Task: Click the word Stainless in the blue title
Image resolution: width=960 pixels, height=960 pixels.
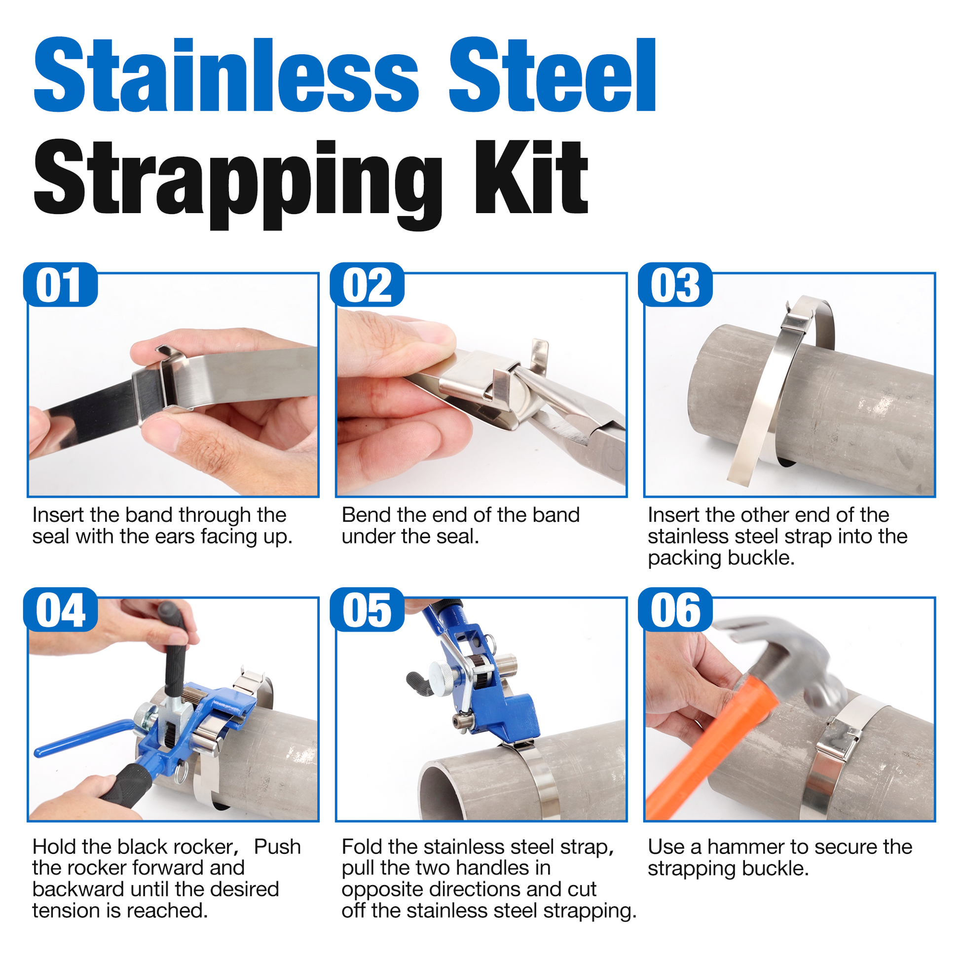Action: coord(226,75)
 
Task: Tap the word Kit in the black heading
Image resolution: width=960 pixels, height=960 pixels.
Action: coord(531,178)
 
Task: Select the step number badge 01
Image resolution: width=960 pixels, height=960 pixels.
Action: coord(60,285)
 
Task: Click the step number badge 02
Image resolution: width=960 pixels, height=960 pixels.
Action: coord(367,285)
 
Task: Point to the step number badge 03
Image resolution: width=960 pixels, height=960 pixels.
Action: coord(675,285)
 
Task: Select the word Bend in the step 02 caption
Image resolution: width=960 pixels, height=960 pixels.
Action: coord(366,515)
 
